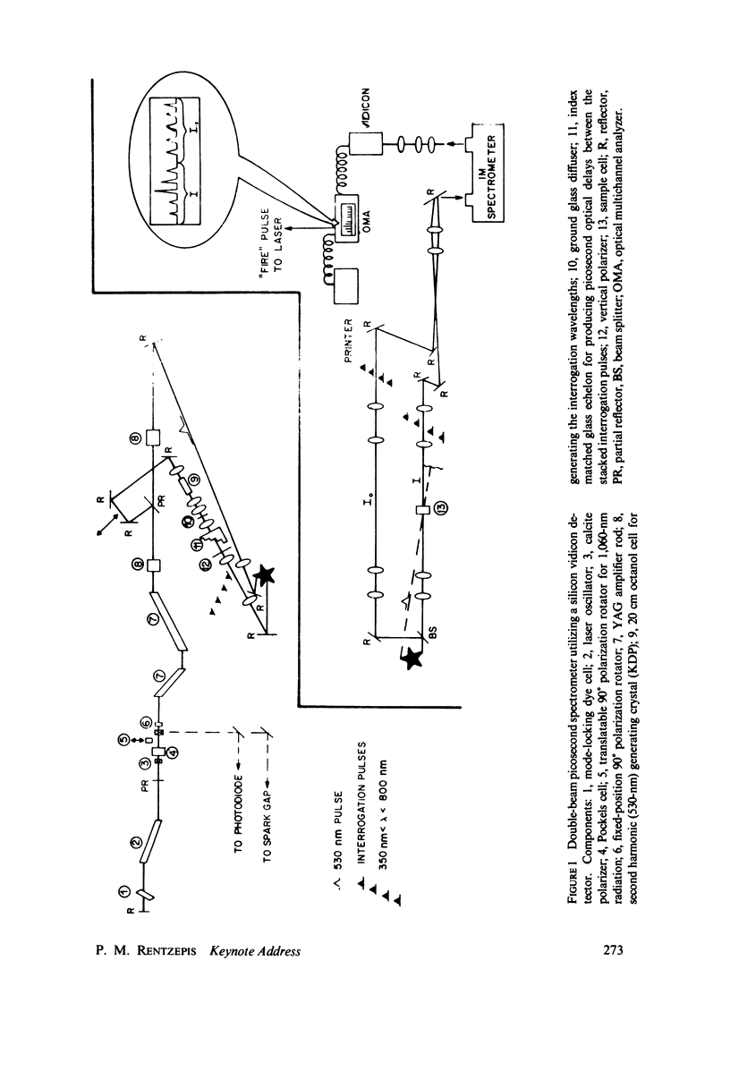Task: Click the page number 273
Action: (609, 949)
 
